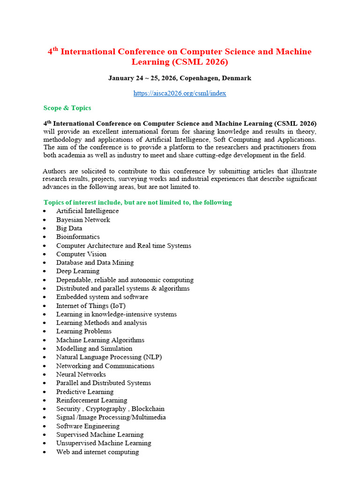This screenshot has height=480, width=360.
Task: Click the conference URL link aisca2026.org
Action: pyautogui.click(x=180, y=93)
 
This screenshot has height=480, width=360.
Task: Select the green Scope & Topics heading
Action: pyautogui.click(x=67, y=108)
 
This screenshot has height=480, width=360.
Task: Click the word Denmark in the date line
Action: pyautogui.click(x=237, y=78)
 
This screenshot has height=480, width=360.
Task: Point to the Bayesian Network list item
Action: pyautogui.click(x=83, y=220)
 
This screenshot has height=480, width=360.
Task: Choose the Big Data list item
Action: pyautogui.click(x=69, y=228)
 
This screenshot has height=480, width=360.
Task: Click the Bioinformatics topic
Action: pyautogui.click(x=78, y=237)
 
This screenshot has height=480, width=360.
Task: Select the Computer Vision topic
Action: pyautogui.click(x=81, y=254)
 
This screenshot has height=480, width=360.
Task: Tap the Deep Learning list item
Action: pyautogui.click(x=78, y=271)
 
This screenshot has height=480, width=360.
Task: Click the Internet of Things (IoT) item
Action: pyautogui.click(x=91, y=306)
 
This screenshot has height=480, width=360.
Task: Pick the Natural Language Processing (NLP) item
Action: pyautogui.click(x=109, y=357)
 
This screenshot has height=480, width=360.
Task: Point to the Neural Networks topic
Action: pyautogui.click(x=81, y=375)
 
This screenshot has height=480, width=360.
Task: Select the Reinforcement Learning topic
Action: pyautogui.click(x=91, y=400)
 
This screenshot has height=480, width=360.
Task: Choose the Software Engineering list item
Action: pyautogui.click(x=88, y=426)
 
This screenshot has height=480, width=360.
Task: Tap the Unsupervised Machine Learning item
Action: pyautogui.click(x=104, y=443)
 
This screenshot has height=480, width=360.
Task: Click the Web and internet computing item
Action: pyautogui.click(x=97, y=452)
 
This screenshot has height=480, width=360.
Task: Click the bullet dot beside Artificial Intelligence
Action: pyautogui.click(x=44, y=211)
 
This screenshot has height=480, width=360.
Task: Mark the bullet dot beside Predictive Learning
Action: pyautogui.click(x=44, y=392)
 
